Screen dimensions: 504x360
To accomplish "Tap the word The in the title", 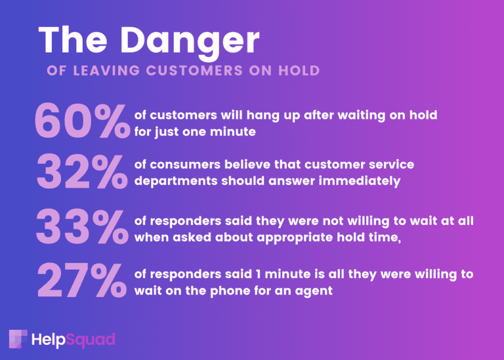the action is pyautogui.click(x=73, y=39).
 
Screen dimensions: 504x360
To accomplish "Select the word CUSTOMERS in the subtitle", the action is pyautogui.click(x=194, y=71).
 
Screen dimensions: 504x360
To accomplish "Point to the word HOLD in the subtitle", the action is pyautogui.click(x=299, y=71).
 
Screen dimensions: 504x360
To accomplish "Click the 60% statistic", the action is pyautogui.click(x=82, y=121).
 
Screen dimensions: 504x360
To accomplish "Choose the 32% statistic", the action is pyautogui.click(x=82, y=172).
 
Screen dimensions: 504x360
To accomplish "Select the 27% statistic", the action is pyautogui.click(x=82, y=281).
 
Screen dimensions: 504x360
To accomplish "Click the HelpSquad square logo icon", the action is pyautogui.click(x=18, y=339).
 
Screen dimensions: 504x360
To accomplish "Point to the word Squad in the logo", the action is pyautogui.click(x=91, y=340).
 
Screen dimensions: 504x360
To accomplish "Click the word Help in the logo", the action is pyautogui.click(x=48, y=340).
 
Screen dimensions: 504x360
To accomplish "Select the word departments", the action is pyautogui.click(x=176, y=182).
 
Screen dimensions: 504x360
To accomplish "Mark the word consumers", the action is pyautogui.click(x=185, y=165).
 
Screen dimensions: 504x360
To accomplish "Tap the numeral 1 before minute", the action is pyautogui.click(x=258, y=274).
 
